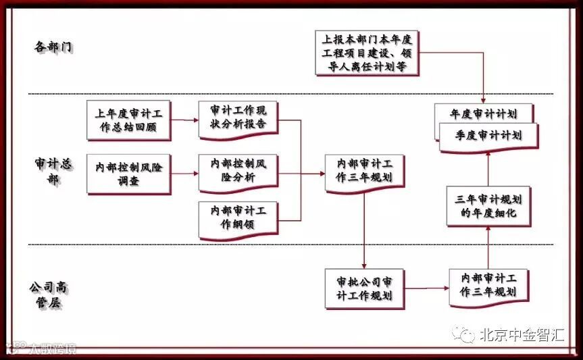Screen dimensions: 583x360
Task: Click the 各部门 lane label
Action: coord(53,47)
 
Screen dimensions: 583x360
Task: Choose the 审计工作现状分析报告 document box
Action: coord(238,118)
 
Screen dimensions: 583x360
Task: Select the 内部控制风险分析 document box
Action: coord(238,172)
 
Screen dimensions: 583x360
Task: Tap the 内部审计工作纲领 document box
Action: coord(238,217)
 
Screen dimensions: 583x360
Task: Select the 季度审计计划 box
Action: coord(489,135)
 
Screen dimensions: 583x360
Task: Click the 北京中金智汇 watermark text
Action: coord(521,334)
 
